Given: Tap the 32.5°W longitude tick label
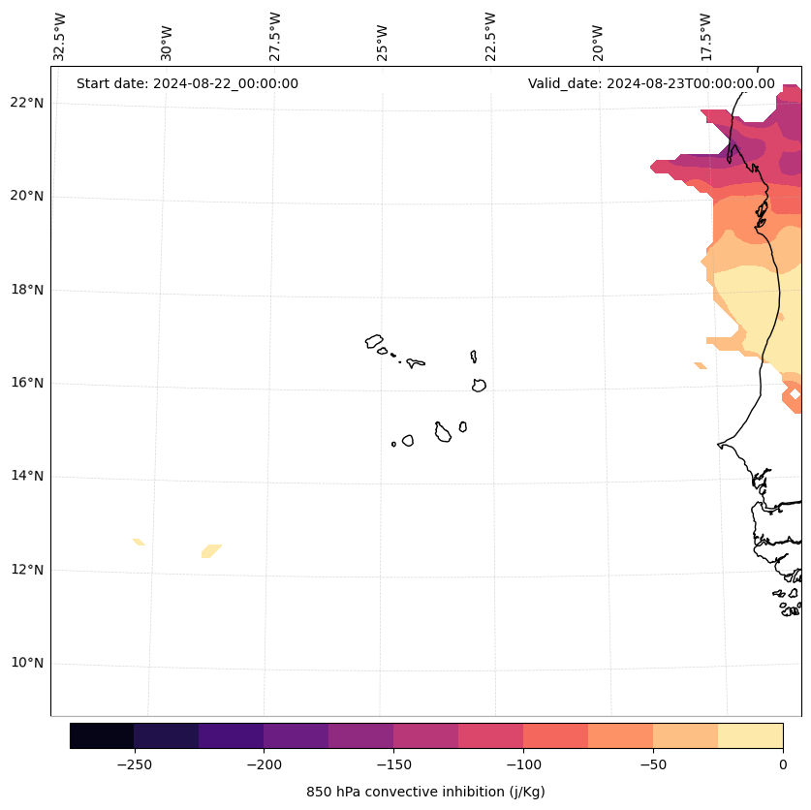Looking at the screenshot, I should [60, 37].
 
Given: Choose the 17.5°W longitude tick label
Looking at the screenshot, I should [705, 37].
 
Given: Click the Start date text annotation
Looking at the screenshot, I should [187, 83].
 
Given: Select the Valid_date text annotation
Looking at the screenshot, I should [651, 83].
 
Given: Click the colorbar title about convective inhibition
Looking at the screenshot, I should [425, 792].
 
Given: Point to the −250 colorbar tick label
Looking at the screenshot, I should [134, 764].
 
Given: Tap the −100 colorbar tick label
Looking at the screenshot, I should [523, 764].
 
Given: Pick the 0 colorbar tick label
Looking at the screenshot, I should [783, 764].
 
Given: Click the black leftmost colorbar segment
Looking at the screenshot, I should [102, 735].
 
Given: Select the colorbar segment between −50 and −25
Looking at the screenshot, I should [685, 735].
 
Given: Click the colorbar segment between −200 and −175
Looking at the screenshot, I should [296, 735].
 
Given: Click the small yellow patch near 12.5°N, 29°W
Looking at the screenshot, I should [211, 550].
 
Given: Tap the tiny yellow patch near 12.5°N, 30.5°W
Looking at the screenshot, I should [139, 542].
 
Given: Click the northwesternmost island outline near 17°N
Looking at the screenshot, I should [374, 341].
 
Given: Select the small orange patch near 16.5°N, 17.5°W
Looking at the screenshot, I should [700, 365].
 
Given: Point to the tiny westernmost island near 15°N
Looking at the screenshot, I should [393, 444].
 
